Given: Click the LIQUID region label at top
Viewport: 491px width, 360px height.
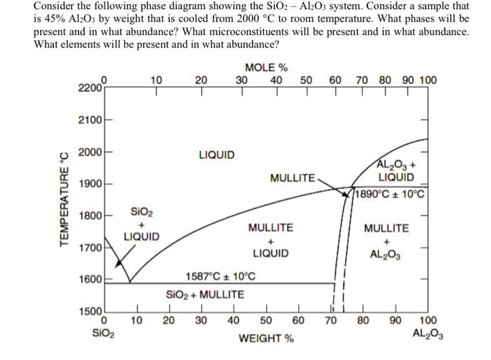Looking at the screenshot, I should (217, 154).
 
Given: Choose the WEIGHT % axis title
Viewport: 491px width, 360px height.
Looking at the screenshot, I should (267, 339).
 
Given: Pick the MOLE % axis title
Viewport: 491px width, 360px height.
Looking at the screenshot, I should (267, 68).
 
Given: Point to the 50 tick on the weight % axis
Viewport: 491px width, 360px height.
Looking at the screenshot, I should (267, 321).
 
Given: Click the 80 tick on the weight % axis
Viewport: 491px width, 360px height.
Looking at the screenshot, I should (363, 321).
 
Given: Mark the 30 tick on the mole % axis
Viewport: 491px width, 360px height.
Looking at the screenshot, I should (241, 80).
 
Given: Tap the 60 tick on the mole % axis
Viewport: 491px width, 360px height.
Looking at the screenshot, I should (335, 80).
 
